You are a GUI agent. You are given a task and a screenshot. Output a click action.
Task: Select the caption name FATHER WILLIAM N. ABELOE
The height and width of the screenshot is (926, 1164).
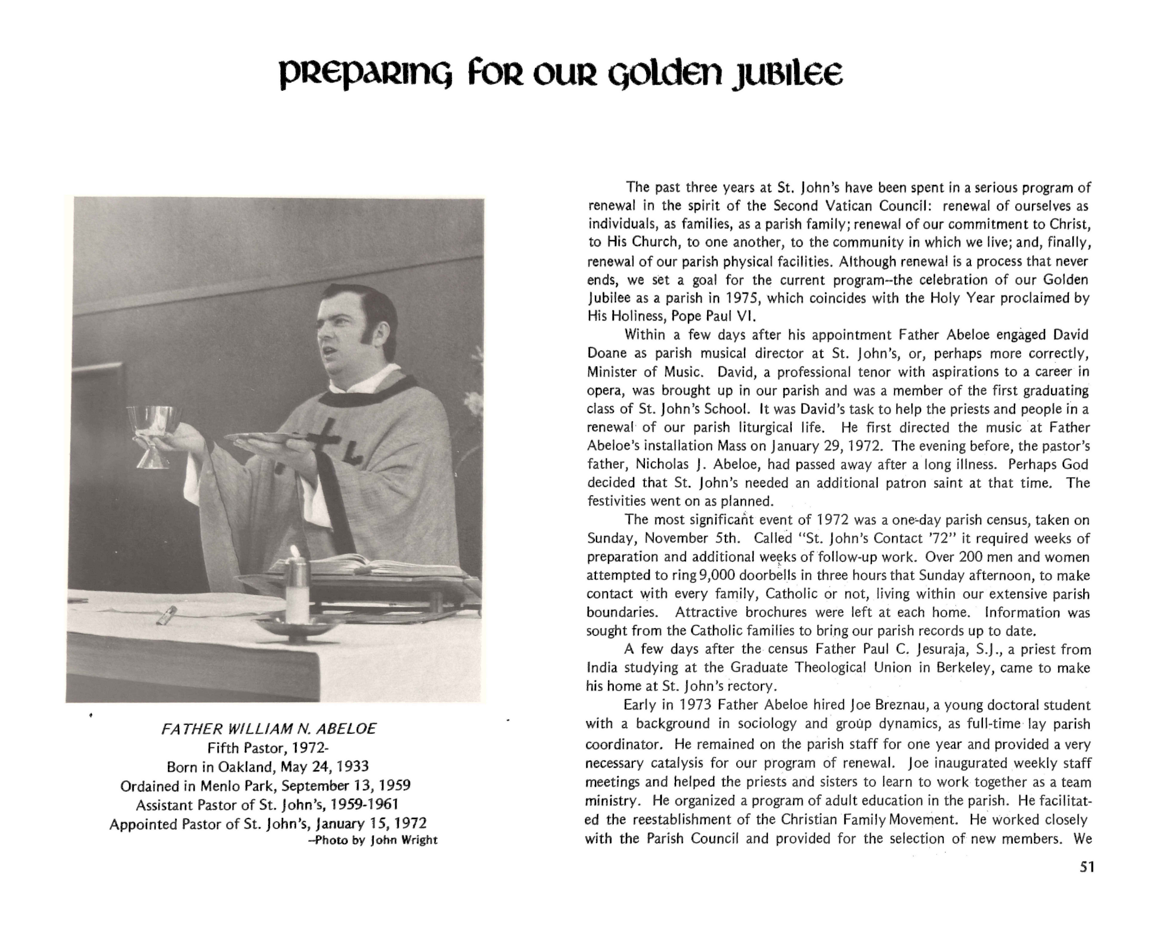(x=268, y=729)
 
